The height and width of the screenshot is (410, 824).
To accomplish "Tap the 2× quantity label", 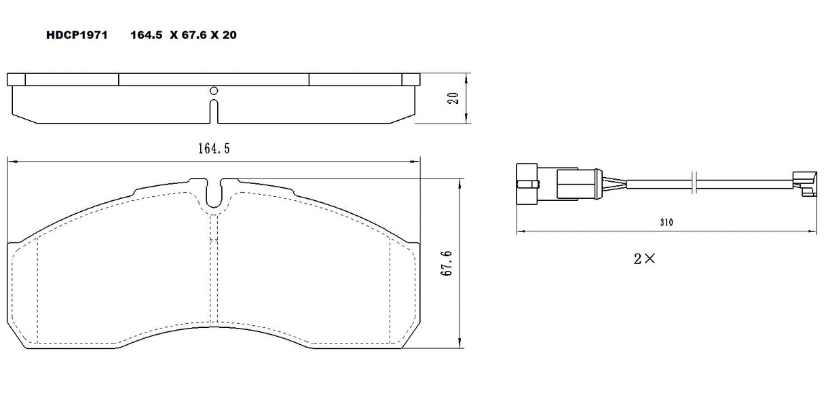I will pyautogui.click(x=644, y=258).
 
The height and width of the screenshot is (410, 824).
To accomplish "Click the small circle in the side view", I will pyautogui.click(x=213, y=91).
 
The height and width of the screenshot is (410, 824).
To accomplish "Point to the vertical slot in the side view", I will pyautogui.click(x=213, y=112).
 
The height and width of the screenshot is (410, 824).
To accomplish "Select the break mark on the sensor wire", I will pyautogui.click(x=693, y=183).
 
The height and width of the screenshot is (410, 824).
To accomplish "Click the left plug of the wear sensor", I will pyautogui.click(x=527, y=183).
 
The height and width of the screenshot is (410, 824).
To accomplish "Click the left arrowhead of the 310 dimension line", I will pyautogui.click(x=519, y=232).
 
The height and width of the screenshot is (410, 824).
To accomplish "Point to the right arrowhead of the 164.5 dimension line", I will pyautogui.click(x=417, y=161).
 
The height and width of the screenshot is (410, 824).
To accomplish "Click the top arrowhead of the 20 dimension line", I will pyautogui.click(x=466, y=75).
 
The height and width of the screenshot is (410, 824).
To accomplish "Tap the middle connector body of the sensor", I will pyautogui.click(x=576, y=183).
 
